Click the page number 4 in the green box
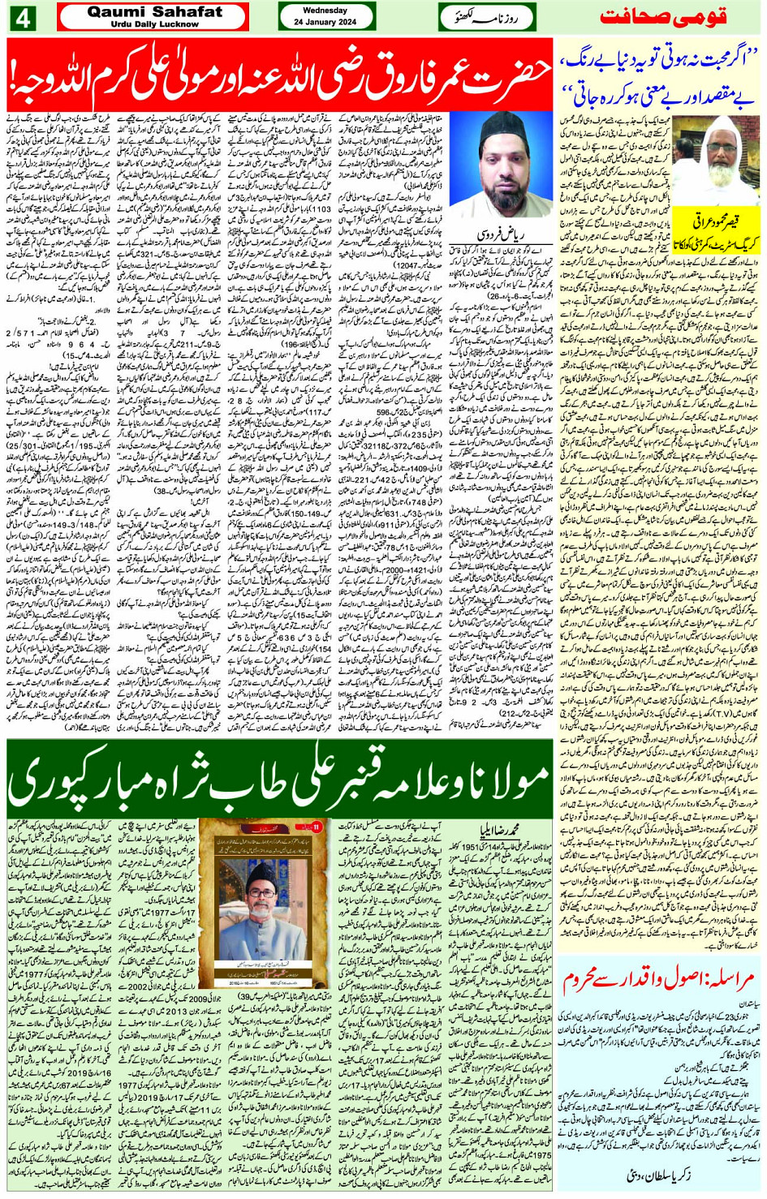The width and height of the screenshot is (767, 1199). click(x=22, y=18)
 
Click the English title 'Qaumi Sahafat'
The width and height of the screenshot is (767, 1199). click(x=154, y=12)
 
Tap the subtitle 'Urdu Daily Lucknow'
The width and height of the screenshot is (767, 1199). click(x=154, y=24)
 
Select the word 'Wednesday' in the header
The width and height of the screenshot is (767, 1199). click(x=325, y=11)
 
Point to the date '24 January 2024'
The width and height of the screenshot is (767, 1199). click(x=325, y=22)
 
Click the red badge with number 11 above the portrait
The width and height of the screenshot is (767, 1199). click(x=317, y=827)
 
